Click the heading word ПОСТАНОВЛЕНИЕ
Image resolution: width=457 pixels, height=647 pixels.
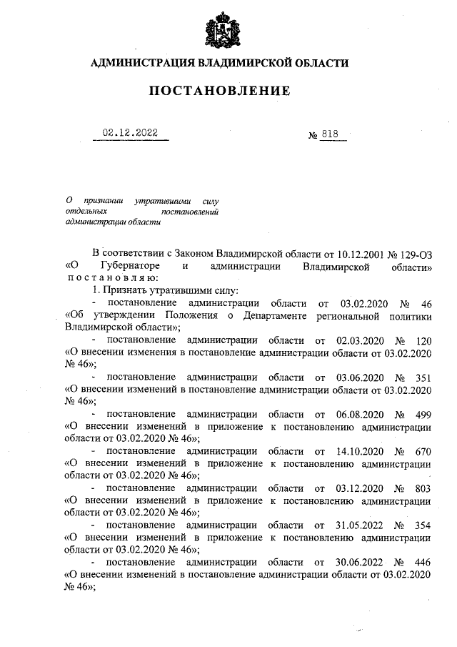[x=220, y=91]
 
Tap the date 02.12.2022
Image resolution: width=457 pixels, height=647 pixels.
[x=130, y=133]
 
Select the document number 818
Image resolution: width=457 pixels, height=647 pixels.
[x=332, y=134]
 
